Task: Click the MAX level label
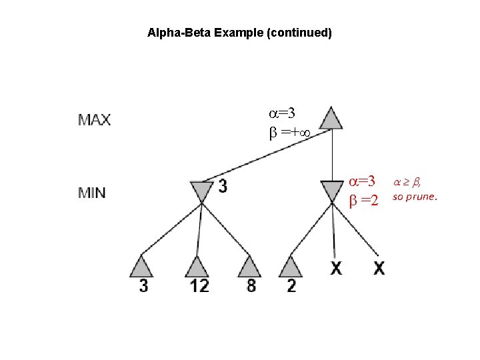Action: tap(95, 121)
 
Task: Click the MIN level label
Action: tap(93, 193)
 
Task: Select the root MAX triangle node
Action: tap(331, 117)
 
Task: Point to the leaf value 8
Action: tap(251, 286)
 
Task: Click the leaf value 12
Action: tap(199, 286)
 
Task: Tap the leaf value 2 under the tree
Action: tap(292, 286)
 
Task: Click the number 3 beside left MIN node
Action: tap(222, 187)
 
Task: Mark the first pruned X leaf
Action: tap(336, 269)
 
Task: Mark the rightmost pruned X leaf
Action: tap(379, 269)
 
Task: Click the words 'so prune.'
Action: tap(415, 197)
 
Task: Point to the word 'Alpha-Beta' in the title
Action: tap(179, 32)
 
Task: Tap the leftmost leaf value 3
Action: tap(144, 286)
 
